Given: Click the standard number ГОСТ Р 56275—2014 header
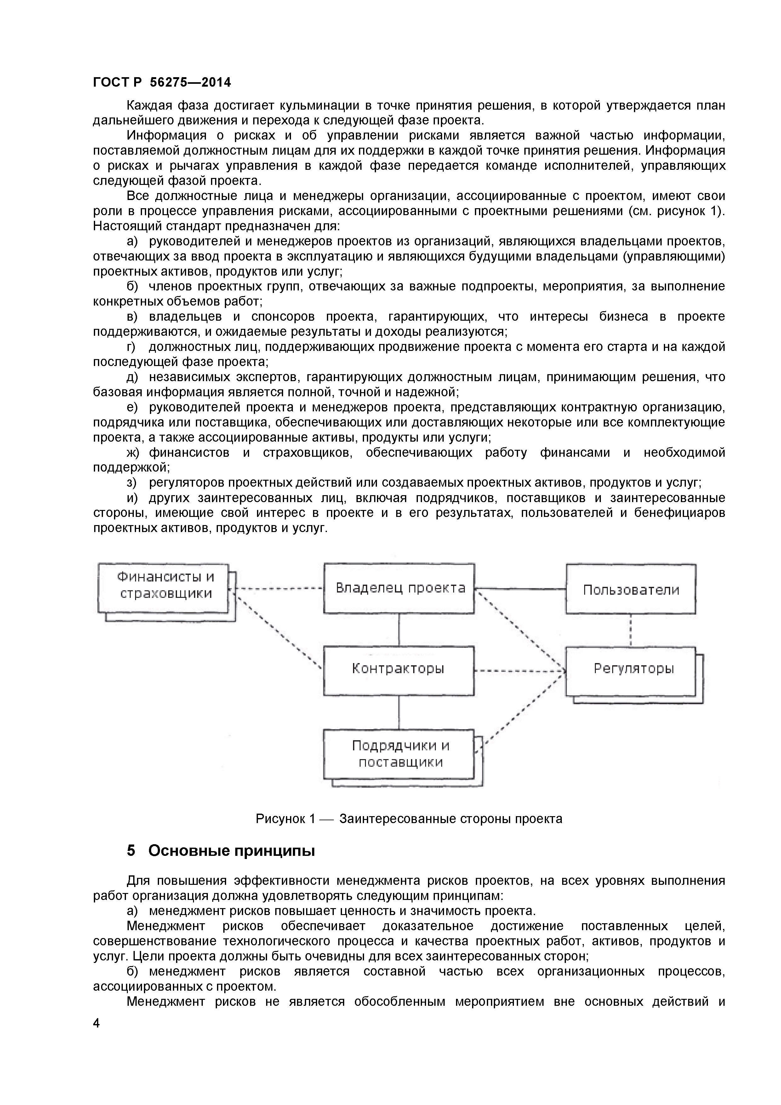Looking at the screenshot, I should tap(162, 83).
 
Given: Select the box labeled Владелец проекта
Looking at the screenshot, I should tap(399, 588).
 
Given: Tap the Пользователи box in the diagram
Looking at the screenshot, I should tap(630, 590).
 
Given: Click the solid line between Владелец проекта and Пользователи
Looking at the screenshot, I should tap(520, 589).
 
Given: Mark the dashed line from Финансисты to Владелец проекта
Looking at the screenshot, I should tap(277, 588).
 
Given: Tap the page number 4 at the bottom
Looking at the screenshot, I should tap(96, 1023).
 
